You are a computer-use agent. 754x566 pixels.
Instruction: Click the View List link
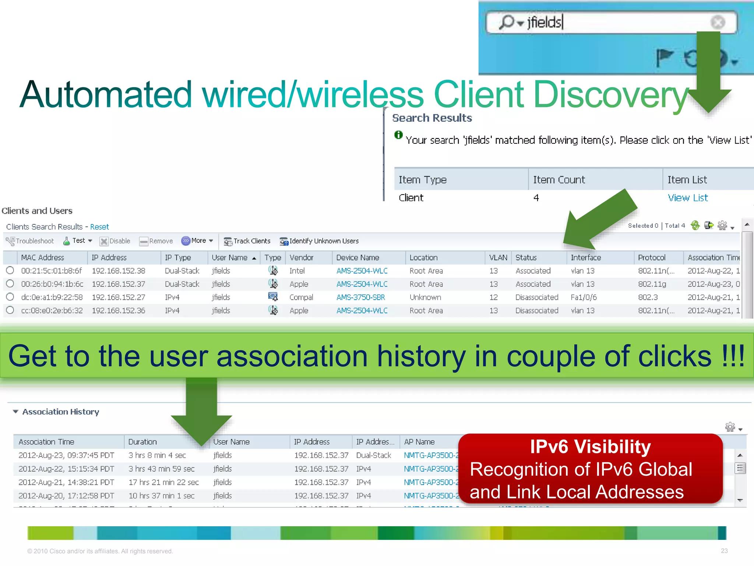[x=687, y=198]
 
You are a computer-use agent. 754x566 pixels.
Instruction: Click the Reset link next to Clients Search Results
[x=99, y=227]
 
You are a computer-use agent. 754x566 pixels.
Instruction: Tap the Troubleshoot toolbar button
[x=30, y=241]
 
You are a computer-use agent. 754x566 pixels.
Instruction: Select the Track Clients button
[x=247, y=241]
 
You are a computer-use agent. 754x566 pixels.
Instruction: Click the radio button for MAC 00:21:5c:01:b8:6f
[x=10, y=270]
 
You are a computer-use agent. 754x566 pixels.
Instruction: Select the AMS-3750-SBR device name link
[x=360, y=297]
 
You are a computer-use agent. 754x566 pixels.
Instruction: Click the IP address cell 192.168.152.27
[x=118, y=297]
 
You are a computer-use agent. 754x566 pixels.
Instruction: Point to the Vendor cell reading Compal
[x=301, y=297]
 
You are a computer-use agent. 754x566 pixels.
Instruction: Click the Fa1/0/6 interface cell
[x=584, y=297]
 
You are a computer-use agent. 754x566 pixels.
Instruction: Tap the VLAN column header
[x=498, y=258]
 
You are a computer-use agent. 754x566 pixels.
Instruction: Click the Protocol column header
[x=651, y=258]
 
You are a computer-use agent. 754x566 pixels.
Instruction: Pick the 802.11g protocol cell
[x=652, y=284]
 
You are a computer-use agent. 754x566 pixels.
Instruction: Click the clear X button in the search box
[x=718, y=22]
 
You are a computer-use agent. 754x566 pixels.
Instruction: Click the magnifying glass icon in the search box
[x=507, y=22]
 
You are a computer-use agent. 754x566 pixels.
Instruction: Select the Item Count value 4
[x=536, y=198]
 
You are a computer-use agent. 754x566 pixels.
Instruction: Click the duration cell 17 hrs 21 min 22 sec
[x=163, y=482]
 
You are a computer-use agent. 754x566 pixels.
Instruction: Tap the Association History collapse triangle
[x=15, y=412]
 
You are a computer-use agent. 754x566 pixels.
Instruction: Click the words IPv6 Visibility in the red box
[x=590, y=447]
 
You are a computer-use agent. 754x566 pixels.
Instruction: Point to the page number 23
[x=724, y=551]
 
